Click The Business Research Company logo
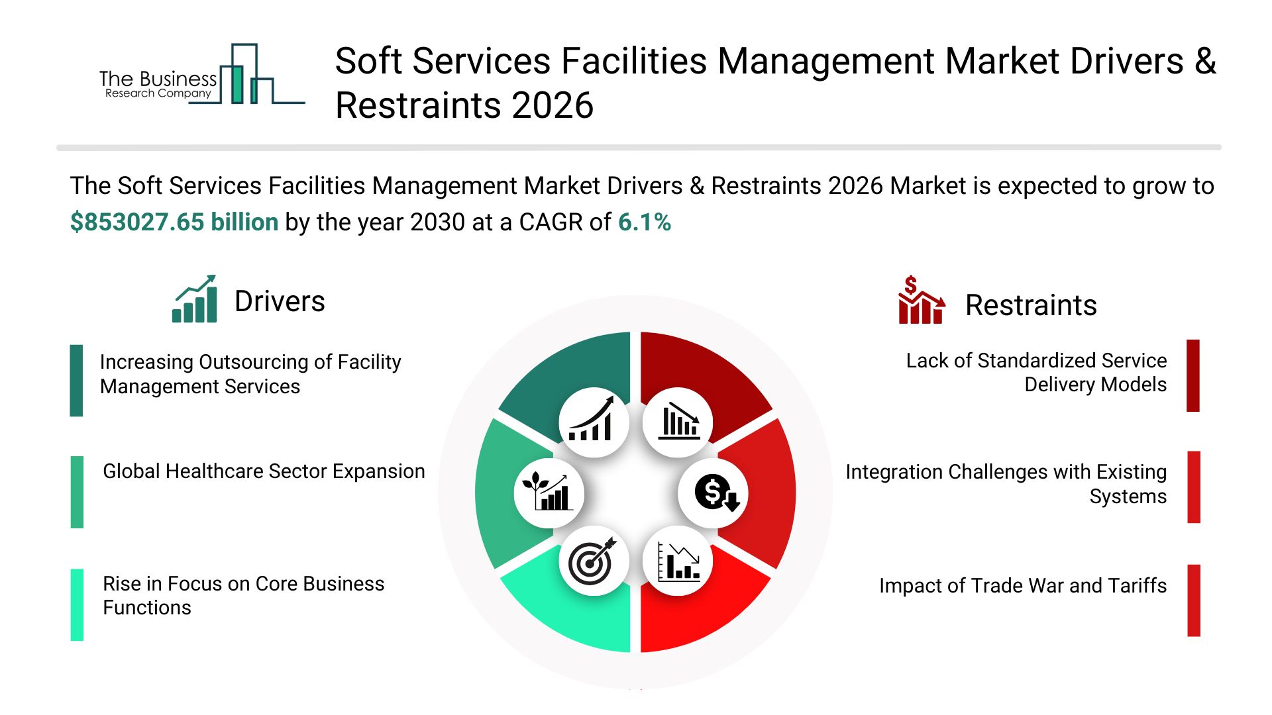tap(199, 76)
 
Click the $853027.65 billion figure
tap(174, 222)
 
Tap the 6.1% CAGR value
tap(644, 222)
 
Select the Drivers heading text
tap(280, 302)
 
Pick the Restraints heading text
tap(1030, 306)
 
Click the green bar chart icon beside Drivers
tap(195, 300)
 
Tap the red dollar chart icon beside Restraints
tap(920, 301)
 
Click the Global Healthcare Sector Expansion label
tap(264, 471)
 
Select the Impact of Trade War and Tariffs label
tap(1022, 586)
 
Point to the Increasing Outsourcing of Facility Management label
tap(250, 374)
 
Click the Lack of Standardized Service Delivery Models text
tap(1035, 373)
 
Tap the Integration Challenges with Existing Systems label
tap(1006, 484)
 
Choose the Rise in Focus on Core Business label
tap(243, 596)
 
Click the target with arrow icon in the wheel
tap(593, 561)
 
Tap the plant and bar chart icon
tap(549, 493)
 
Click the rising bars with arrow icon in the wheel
tap(593, 422)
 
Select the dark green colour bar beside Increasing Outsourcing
tap(76, 381)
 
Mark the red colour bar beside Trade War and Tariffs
tap(1194, 600)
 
